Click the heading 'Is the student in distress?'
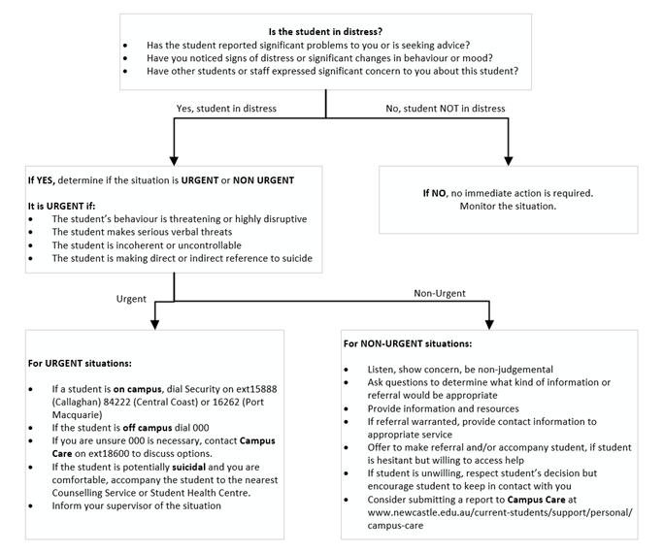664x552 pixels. point(325,31)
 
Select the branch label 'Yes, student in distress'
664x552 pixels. point(226,109)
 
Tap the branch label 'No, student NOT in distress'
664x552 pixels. point(446,109)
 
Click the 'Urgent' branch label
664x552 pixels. point(131,298)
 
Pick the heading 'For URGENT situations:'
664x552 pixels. point(82,363)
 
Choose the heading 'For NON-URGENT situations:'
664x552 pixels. point(408,343)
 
